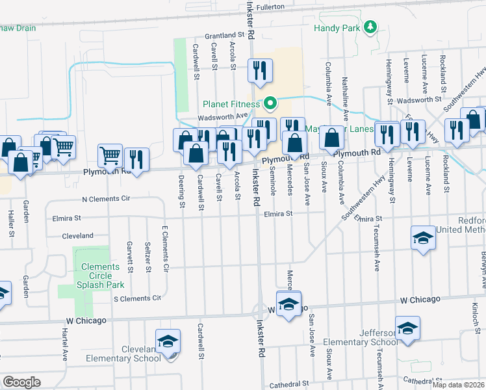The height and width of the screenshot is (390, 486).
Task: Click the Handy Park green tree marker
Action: coord(370,27)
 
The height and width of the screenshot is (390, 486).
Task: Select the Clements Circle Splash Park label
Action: coord(100,276)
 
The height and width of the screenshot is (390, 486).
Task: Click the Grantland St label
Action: coord(224,34)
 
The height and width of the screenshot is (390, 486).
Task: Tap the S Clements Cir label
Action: coord(136,298)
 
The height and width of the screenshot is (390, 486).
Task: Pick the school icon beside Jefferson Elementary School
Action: coord(407,329)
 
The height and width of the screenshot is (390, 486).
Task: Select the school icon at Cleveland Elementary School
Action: coord(167,342)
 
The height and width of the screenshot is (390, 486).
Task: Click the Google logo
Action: coord(21,382)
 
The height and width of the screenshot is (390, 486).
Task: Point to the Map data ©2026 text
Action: coord(459,385)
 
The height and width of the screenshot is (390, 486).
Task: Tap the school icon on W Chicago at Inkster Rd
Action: coord(288,304)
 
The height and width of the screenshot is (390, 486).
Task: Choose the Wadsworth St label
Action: coord(419,101)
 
